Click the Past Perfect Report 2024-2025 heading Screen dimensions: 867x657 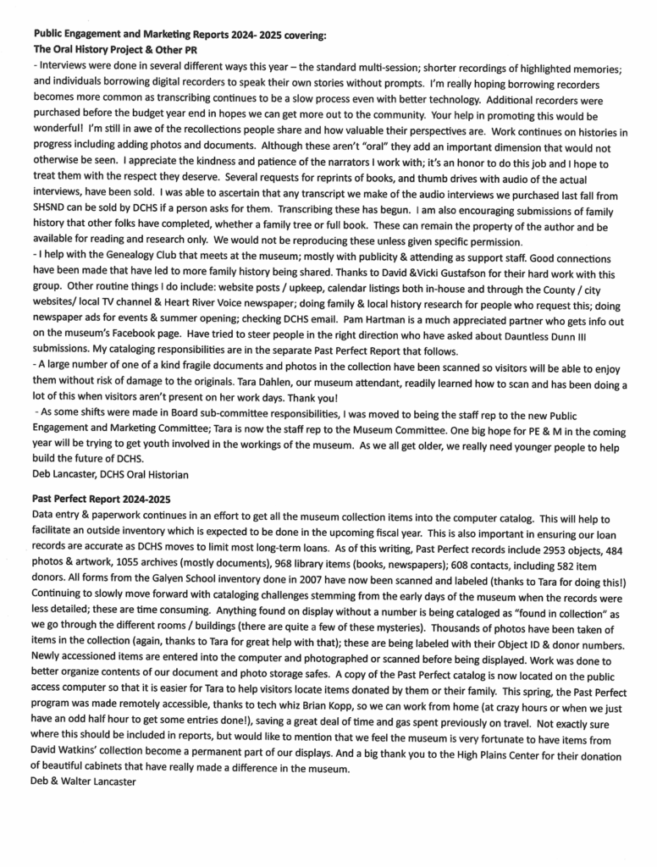tap(102, 500)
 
